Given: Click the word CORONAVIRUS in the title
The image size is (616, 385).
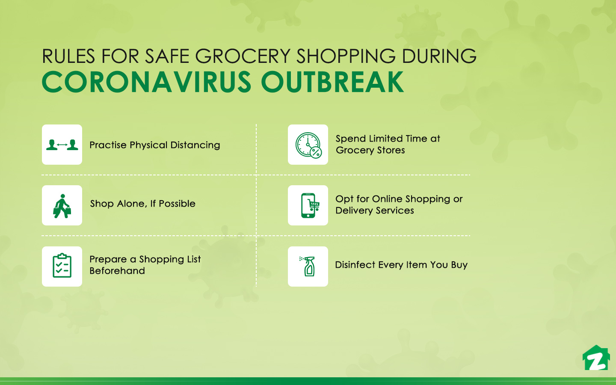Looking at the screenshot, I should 147,82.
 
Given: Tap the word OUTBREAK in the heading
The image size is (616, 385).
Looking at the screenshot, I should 332,82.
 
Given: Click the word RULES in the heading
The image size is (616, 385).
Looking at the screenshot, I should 68,56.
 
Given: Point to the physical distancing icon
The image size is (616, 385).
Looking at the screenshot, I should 62,145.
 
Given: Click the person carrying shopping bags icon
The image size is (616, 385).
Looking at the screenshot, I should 62,206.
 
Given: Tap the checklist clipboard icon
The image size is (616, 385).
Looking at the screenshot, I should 62,266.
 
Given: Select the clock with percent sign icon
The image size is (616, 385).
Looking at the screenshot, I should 308,145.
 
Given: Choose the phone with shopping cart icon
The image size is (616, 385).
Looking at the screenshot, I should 308,206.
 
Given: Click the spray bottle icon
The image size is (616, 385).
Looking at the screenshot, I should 308,266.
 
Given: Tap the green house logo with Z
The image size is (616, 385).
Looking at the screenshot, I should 596,358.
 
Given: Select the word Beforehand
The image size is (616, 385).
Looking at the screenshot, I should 117,271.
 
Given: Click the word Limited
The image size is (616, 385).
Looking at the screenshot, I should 386,139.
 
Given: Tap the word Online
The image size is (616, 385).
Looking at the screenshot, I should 387,199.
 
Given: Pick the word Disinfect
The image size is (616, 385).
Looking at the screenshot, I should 355,265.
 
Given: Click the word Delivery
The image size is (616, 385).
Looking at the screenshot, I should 354,210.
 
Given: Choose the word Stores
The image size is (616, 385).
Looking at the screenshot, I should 391,150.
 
